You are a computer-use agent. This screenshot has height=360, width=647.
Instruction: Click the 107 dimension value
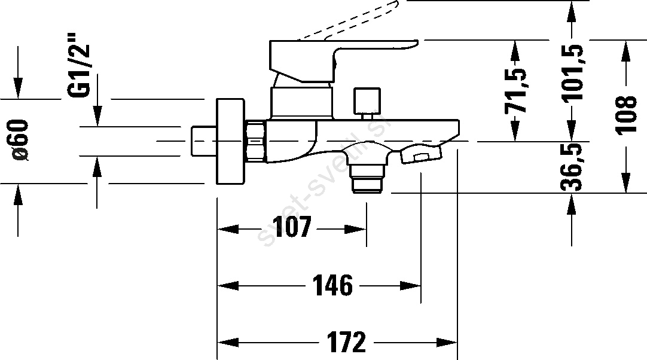292,227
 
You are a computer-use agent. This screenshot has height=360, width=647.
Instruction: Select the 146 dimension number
333,285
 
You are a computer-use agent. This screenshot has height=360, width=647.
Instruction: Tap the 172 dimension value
347,342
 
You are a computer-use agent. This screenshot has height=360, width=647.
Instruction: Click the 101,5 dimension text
572,72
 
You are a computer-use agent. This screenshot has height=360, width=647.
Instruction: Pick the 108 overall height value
626,115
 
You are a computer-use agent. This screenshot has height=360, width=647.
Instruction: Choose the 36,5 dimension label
572,166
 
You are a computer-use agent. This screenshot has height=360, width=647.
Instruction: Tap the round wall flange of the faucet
230,141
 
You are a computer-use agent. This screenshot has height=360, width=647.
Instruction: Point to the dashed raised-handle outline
351,21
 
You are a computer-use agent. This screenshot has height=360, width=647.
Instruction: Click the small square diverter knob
367,100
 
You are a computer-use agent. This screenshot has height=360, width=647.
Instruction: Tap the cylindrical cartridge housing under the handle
301,102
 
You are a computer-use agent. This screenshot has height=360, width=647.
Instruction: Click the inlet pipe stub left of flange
204,141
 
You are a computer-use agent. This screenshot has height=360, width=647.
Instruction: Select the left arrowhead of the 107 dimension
228,228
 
